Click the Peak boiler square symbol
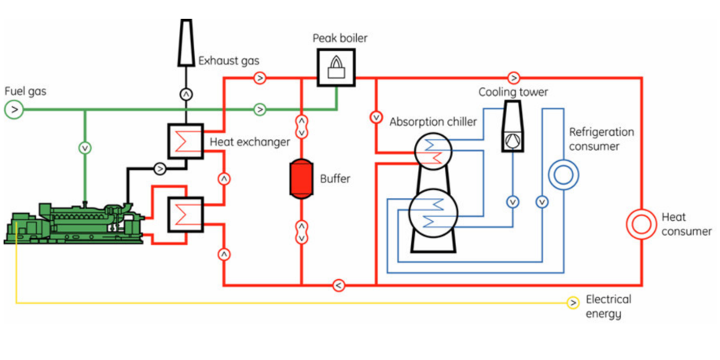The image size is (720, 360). pyautogui.click(x=335, y=66)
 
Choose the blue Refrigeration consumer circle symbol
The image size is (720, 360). pyautogui.click(x=563, y=174)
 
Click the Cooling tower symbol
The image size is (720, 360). pyautogui.click(x=512, y=126)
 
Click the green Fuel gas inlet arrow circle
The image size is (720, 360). pyautogui.click(x=13, y=109)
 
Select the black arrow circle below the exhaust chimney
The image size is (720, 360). pyautogui.click(x=186, y=94)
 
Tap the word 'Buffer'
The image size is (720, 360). pyautogui.click(x=335, y=178)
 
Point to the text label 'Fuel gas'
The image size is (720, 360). pyautogui.click(x=25, y=91)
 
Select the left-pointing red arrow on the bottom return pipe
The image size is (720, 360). pyautogui.click(x=338, y=285)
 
